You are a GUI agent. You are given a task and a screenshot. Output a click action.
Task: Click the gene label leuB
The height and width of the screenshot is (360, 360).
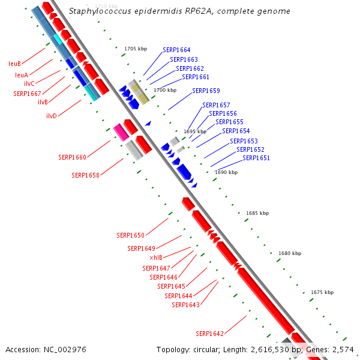point(15,63)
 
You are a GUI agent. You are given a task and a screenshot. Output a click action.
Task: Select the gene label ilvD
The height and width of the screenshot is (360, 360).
point(52,116)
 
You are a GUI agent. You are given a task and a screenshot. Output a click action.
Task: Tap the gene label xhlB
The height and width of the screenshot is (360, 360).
point(156,257)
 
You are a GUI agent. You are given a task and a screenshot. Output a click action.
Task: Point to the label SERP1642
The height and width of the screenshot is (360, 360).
point(209,334)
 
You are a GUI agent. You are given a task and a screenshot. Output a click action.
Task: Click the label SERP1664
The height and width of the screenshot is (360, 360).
point(176,50)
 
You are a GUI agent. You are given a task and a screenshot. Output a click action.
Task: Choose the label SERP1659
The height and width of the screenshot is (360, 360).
point(206,91)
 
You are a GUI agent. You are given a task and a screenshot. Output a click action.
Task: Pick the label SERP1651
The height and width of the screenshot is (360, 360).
point(256,158)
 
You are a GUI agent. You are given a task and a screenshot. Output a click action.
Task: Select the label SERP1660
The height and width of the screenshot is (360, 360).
point(72,157)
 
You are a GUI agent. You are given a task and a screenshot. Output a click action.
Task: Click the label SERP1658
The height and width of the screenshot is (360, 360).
point(85,175)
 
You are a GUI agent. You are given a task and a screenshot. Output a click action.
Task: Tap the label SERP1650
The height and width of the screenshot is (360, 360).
point(130,235)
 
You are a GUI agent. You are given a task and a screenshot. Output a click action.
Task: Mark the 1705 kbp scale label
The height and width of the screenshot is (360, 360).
point(136,49)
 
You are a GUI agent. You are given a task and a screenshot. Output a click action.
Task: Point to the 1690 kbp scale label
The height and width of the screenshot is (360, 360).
point(226,172)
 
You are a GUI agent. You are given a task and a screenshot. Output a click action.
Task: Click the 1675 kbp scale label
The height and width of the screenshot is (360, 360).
point(322,292)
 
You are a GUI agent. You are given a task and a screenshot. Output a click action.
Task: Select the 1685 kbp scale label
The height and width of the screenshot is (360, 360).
point(257,213)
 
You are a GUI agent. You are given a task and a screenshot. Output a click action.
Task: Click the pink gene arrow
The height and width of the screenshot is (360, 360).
point(121,133)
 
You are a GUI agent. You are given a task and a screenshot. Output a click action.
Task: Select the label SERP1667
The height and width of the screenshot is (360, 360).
point(27,94)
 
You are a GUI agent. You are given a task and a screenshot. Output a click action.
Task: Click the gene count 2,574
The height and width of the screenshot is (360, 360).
point(343,349)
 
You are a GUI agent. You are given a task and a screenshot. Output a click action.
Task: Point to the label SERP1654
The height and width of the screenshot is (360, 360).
point(236,131)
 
